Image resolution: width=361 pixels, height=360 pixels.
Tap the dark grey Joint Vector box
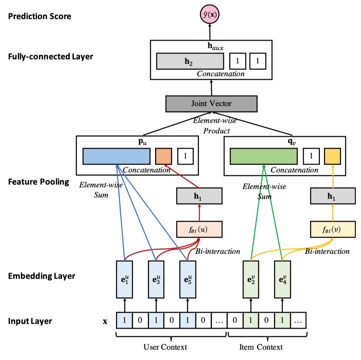pos(212,103)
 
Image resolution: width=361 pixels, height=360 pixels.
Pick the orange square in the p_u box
pos(164,156)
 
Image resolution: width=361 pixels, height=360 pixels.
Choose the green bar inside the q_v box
pos(263,156)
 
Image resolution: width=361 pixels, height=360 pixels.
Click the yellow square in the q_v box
pos(333,156)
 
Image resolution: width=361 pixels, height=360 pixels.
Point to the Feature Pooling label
pos(39,182)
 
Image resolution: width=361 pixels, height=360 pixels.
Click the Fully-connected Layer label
pos(50,56)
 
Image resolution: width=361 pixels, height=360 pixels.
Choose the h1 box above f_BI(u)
pos(199,196)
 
